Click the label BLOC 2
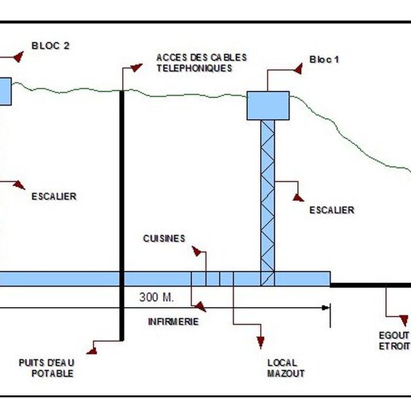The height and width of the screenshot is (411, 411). click(x=51, y=45)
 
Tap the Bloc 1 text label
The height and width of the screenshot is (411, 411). click(x=324, y=60)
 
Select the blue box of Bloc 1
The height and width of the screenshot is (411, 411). click(x=268, y=105)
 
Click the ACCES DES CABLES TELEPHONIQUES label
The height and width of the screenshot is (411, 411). click(x=201, y=63)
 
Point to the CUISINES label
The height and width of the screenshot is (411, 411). click(x=164, y=238)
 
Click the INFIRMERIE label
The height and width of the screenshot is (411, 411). click(x=173, y=322)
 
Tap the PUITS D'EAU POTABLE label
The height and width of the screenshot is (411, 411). click(x=53, y=368)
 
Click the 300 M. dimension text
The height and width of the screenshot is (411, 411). click(x=157, y=297)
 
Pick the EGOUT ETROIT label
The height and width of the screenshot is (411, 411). click(x=393, y=341)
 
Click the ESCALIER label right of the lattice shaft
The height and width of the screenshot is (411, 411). click(x=332, y=210)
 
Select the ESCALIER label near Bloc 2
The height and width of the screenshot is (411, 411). click(x=54, y=196)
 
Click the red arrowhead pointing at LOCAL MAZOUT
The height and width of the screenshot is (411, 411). click(x=261, y=342)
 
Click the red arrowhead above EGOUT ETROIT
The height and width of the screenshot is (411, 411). click(x=403, y=320)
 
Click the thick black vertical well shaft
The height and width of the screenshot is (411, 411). click(x=122, y=211)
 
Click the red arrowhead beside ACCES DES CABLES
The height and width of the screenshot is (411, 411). click(x=136, y=67)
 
